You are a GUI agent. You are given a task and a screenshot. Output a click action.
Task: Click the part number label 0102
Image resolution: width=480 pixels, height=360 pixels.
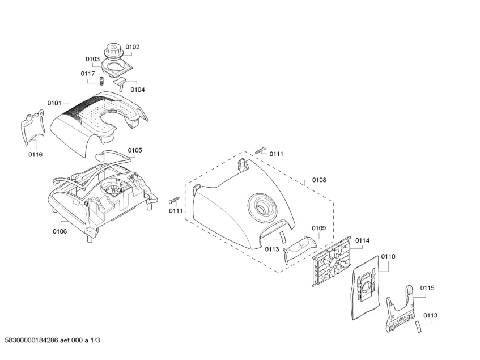click(132, 47)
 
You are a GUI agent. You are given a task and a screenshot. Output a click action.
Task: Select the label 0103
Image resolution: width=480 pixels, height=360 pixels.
click(92, 59)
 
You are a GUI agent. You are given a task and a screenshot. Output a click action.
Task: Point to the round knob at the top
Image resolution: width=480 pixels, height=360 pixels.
click(113, 51)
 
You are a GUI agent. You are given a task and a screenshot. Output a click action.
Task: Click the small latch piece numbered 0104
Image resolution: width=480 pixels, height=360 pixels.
click(120, 83)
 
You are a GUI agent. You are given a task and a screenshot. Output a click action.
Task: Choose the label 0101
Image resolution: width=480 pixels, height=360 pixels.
click(54, 103)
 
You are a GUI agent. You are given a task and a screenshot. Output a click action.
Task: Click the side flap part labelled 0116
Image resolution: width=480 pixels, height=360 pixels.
click(32, 126)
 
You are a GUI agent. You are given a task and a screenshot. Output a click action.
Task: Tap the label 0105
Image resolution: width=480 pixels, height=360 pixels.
click(135, 150)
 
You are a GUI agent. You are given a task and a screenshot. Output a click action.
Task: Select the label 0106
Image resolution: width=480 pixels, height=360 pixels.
click(60, 231)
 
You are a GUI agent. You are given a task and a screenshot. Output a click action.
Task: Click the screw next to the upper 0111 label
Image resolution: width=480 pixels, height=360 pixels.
click(260, 151)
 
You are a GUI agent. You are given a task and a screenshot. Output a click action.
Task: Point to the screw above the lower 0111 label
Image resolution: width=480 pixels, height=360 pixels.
click(174, 200)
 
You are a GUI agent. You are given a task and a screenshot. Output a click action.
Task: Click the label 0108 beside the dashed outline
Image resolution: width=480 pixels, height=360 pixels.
click(319, 180)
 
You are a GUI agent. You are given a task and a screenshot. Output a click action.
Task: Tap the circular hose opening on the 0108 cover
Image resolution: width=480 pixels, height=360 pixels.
click(262, 206)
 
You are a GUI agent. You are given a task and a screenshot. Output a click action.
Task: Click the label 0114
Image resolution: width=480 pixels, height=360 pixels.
click(362, 240)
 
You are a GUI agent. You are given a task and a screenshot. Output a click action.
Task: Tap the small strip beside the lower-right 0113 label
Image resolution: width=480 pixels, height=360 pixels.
click(418, 327)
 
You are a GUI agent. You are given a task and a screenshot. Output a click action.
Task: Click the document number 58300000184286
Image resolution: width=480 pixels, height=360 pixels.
click(32, 340)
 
